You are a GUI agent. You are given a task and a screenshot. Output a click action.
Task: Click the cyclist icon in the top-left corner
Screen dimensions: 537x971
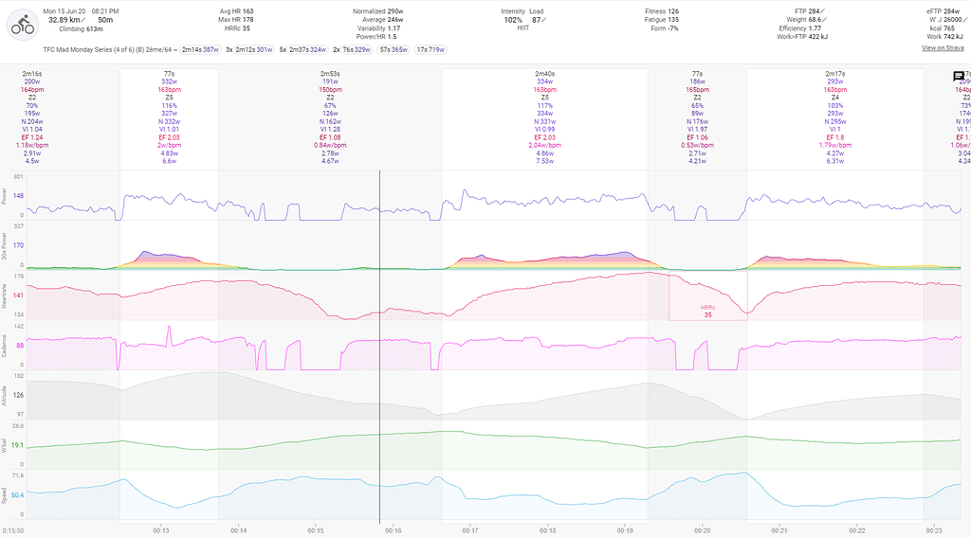pos(21,27)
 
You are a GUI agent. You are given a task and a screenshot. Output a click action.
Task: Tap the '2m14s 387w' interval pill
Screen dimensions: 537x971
pos(200,48)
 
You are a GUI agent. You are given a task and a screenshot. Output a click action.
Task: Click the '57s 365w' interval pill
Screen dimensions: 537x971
pos(394,48)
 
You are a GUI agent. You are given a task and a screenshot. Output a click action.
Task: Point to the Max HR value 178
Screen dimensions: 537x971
pos(247,20)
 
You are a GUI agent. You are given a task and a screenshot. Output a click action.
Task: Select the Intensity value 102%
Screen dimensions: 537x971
pos(513,20)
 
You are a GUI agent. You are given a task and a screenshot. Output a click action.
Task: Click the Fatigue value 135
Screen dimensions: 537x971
pos(673,20)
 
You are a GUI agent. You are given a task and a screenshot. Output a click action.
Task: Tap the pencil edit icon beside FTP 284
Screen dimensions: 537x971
pos(824,11)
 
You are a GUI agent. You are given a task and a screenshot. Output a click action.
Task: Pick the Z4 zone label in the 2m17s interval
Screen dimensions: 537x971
pos(835,97)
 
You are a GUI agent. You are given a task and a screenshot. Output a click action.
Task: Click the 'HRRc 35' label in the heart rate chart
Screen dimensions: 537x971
pos(707,312)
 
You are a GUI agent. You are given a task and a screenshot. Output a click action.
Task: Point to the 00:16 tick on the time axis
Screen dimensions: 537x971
pos(394,530)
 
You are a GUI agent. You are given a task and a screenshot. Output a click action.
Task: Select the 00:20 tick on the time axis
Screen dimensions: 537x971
pos(703,530)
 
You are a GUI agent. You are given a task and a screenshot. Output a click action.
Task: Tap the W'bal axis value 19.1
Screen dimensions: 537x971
pos(18,444)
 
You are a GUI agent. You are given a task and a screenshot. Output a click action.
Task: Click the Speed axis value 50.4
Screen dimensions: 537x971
pos(18,494)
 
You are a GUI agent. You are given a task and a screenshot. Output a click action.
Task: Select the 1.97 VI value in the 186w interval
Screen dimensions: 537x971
pos(697,129)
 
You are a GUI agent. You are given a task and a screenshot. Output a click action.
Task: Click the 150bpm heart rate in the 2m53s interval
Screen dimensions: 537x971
pos(330,89)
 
